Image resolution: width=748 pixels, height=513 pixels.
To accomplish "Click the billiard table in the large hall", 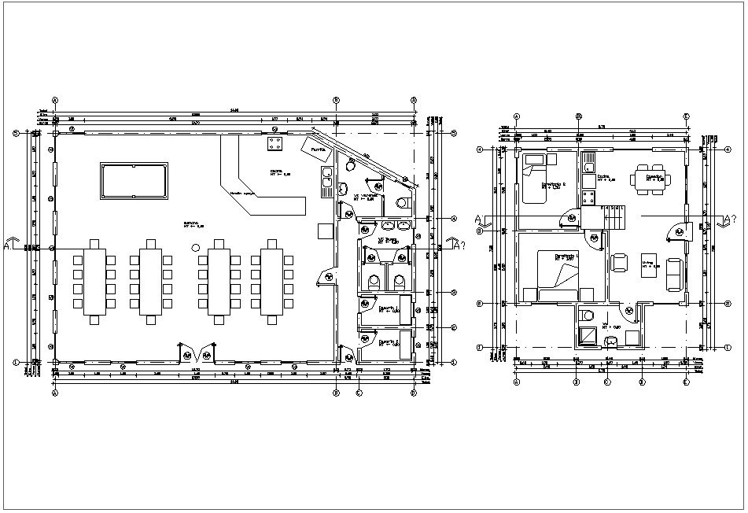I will click(134, 181).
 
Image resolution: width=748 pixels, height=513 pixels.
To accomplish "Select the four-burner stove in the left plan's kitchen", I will click(275, 144).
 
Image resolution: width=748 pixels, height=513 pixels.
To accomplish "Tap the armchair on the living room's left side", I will click(619, 262).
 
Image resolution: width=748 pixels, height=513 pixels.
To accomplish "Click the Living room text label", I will click(647, 264).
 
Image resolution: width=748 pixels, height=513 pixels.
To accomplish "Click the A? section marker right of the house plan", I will click(728, 220).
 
